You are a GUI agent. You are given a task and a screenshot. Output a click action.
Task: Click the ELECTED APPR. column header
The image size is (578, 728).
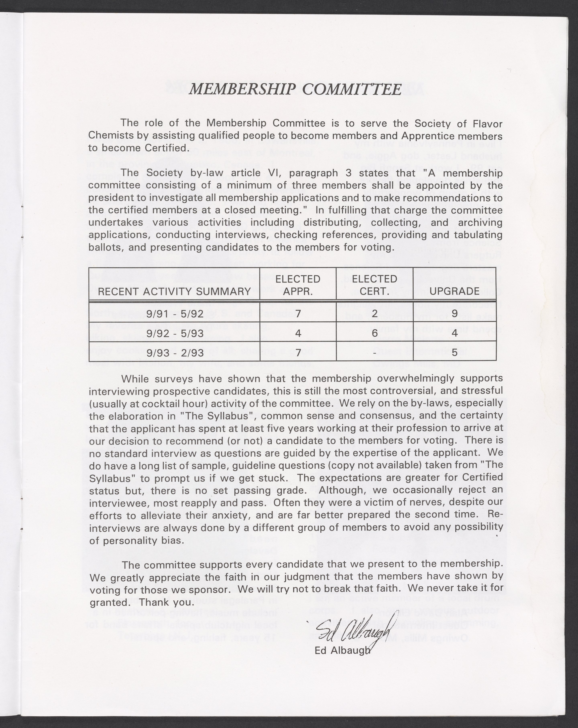[298, 285]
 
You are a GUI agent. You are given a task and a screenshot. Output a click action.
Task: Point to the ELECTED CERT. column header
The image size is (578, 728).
[374, 285]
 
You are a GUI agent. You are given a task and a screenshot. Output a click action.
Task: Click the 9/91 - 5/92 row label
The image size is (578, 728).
[175, 314]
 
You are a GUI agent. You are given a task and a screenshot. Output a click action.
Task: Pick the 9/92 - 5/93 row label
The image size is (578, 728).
[175, 333]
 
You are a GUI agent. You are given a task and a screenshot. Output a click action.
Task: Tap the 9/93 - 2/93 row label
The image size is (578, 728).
[175, 353]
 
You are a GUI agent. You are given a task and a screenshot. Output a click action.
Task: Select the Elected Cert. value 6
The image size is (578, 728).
[374, 333]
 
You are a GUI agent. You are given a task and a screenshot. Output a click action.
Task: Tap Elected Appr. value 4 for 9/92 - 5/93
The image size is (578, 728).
[298, 333]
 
